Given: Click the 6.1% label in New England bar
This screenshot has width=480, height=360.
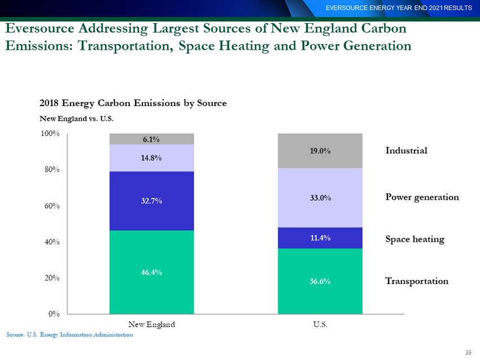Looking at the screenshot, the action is coord(151,139).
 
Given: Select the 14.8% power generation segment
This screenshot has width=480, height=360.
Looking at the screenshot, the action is coord(151,158).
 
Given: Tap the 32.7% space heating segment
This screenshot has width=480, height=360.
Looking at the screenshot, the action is coord(151,201).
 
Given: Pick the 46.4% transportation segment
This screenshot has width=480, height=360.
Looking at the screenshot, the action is coord(151,272).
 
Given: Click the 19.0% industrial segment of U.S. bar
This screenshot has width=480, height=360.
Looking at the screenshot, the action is coord(320,151).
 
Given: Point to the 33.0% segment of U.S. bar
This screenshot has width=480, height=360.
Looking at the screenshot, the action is coord(320,197).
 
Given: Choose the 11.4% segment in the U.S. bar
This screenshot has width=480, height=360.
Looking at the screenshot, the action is coord(320,238).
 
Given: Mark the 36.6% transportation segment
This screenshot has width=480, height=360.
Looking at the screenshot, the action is coord(320,281).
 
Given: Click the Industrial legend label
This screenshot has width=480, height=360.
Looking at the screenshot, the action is coord(406,151).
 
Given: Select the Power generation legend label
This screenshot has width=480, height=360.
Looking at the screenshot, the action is coord(422,197).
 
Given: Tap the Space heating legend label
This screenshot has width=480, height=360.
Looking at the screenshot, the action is coord(415,239).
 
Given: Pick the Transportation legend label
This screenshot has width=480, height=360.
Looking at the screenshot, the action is coord(417,281).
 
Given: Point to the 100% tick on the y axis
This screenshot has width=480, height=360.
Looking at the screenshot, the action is coord(50,134).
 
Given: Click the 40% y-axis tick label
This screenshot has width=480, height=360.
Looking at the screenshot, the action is coord(52,242).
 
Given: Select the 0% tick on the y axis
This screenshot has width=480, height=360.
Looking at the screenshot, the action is coord(54,314).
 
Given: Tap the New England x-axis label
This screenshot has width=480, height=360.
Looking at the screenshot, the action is coord(151,324).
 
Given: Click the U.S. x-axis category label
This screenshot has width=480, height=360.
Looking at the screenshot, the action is coord(320,324).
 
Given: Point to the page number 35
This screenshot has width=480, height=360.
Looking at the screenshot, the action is coord(468,352).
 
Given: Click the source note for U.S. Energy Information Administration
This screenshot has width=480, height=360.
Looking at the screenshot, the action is coord(70,335).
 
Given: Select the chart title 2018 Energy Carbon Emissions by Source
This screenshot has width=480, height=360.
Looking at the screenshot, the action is coord(133,103).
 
